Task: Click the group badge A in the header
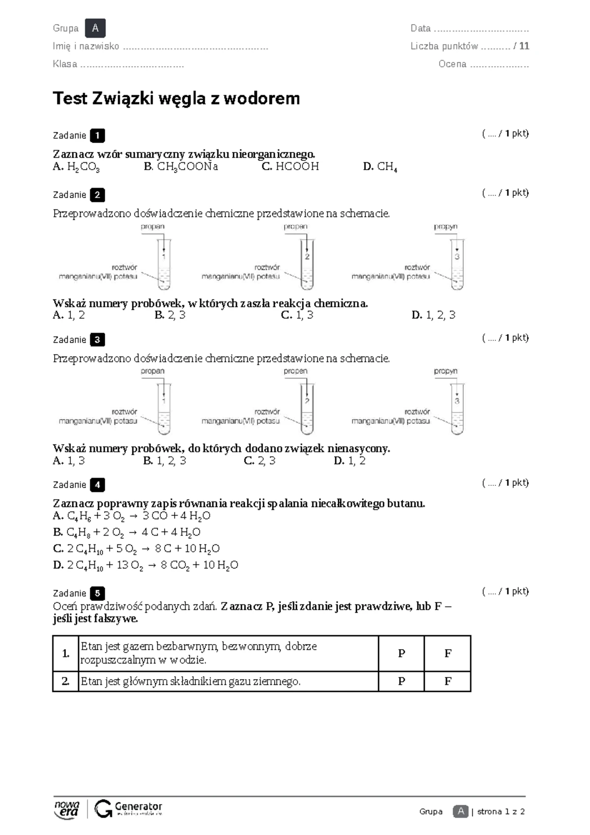pos(95,28)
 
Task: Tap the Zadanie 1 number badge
pos(97,135)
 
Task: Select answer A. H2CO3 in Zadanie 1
pos(76,167)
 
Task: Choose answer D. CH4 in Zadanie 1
pos(380,167)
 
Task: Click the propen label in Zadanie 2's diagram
pos(295,227)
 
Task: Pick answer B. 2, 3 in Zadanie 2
pos(170,315)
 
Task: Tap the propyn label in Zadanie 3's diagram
pos(445,371)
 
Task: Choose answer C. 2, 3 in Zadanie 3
pos(260,461)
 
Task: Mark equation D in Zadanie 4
pos(146,565)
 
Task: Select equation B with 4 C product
pos(126,532)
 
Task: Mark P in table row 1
pos(401,654)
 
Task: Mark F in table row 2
pos(447,681)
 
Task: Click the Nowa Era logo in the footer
pos(66,809)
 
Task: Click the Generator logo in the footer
pos(128,809)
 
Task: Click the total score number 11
pos(524,46)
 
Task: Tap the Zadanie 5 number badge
pos(97,593)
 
